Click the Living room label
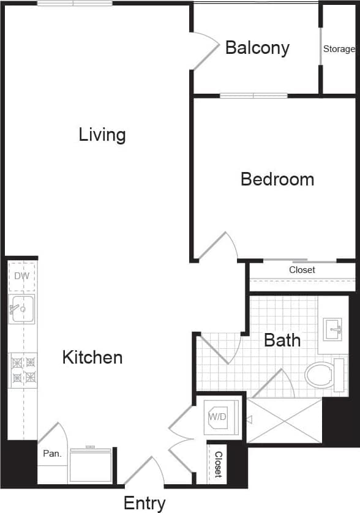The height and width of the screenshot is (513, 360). [x=102, y=135]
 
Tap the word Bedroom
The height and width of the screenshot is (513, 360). [x=277, y=179]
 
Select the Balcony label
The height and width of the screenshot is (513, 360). [x=257, y=48]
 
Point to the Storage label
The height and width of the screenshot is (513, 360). [x=339, y=49]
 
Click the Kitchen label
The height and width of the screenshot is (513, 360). [x=92, y=358]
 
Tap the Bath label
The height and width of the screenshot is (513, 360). [x=282, y=340]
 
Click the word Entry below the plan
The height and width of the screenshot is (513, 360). [x=144, y=503]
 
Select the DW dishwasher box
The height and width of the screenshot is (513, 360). [x=22, y=276]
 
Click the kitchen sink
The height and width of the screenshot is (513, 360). [x=22, y=309]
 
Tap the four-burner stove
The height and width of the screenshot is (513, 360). [x=23, y=370]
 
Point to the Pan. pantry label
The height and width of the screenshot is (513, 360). [x=51, y=454]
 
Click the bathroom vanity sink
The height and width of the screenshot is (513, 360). [x=334, y=329]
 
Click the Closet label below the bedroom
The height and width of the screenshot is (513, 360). [x=302, y=270]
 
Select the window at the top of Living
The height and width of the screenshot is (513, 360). [x=75, y=3]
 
